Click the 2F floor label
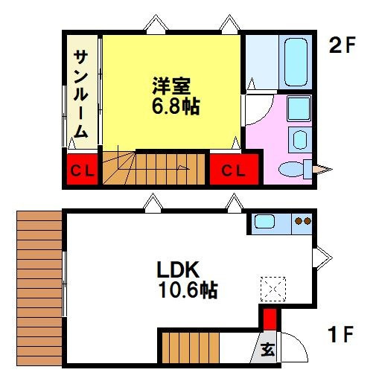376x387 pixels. (x=344, y=47)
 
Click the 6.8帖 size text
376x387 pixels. (x=176, y=106)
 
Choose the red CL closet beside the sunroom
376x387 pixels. (x=82, y=170)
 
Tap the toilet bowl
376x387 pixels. (x=291, y=170)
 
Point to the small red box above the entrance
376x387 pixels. (x=269, y=319)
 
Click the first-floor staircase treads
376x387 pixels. (x=191, y=348)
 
